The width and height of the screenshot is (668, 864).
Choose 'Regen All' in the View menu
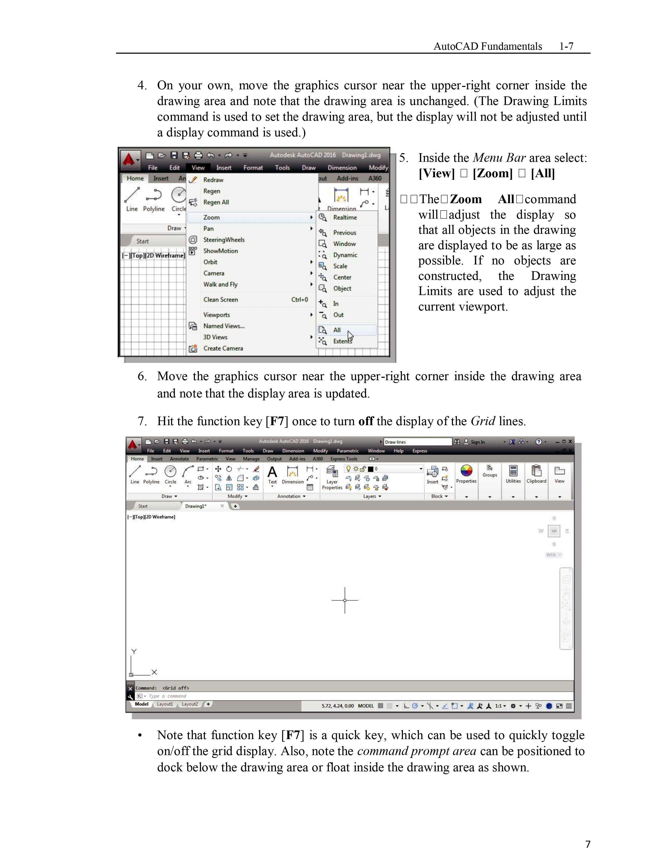point(216,202)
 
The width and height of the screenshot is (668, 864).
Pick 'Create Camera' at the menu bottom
point(223,348)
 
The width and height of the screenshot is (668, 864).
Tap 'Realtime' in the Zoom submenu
point(345,217)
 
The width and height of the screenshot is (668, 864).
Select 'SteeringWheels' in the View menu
point(224,240)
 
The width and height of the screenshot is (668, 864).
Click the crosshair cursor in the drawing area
point(345,600)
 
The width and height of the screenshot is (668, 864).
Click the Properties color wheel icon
point(467,471)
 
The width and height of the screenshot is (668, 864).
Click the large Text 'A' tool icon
point(272,472)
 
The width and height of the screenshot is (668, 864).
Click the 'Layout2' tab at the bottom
point(190,704)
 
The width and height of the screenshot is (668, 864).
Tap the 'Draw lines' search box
point(418,442)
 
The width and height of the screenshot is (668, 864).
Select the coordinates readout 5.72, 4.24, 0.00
point(338,706)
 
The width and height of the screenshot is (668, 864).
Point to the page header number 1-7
point(566,46)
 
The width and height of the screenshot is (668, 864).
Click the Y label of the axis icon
point(134,652)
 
